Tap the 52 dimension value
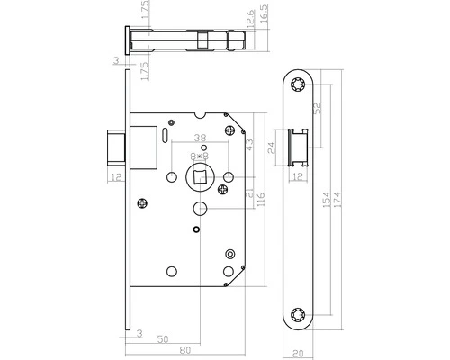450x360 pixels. tap(318, 109)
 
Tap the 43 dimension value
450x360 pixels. tap(247, 142)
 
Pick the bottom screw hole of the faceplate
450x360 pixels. tap(299, 316)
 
